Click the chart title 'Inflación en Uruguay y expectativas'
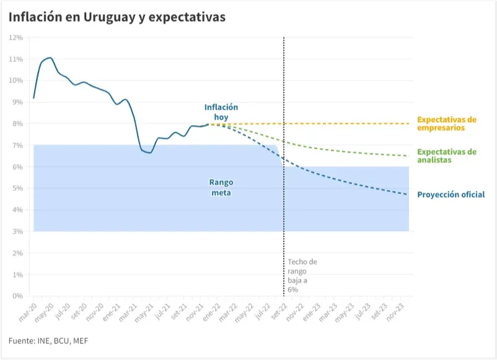click(x=117, y=17)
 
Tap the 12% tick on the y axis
click(x=17, y=38)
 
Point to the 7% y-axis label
click(x=18, y=146)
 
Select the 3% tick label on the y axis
click(x=18, y=232)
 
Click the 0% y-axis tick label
click(x=18, y=296)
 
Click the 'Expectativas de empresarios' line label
click(x=446, y=123)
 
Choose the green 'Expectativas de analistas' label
click(x=447, y=156)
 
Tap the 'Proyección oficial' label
click(x=451, y=195)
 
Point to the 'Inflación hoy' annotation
click(x=221, y=112)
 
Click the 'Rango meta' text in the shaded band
click(x=220, y=188)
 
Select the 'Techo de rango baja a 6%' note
click(x=302, y=275)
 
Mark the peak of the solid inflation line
click(x=50, y=58)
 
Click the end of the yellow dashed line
click(x=408, y=123)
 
